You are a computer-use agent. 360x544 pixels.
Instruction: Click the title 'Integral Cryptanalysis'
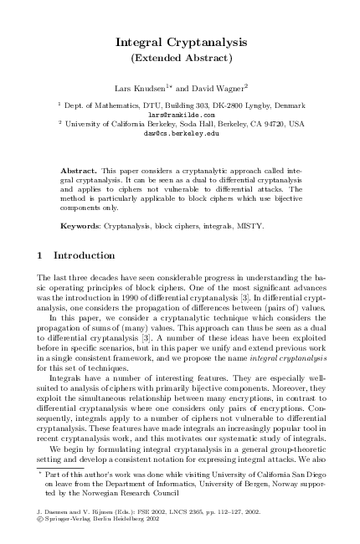[181, 41]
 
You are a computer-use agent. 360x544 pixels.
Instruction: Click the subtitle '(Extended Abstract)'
[181, 58]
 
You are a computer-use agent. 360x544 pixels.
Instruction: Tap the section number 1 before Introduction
[41, 254]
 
